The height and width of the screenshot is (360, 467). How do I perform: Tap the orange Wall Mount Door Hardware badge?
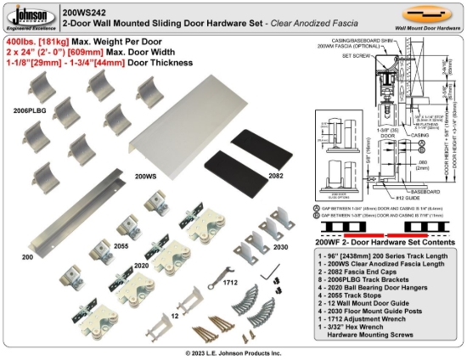426,16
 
